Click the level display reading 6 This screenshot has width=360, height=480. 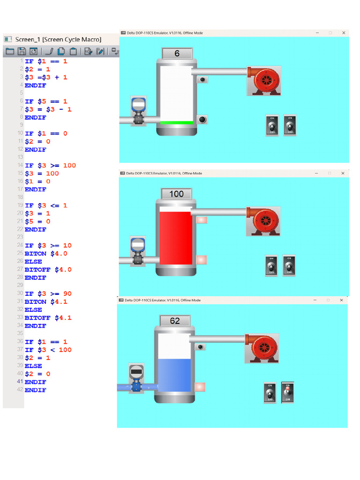coord(177,54)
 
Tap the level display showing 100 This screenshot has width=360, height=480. coord(176,194)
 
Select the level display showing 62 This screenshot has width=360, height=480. coord(175,321)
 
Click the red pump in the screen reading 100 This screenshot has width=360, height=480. coord(263,221)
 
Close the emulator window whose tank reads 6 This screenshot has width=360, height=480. coord(344,33)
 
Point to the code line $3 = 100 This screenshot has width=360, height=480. coord(42,173)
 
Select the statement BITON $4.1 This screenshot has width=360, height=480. coord(46,302)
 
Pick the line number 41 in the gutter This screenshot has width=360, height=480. coord(20,382)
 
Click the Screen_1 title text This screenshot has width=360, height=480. coord(58,39)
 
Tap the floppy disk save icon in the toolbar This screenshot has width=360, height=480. coord(22,52)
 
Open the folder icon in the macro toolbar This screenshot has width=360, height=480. coord(10,52)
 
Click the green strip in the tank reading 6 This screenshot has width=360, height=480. coord(176,123)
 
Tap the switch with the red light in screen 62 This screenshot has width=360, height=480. coord(288,392)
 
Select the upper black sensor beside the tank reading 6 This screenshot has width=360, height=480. coord(202,80)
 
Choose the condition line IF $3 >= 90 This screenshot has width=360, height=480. coord(48,294)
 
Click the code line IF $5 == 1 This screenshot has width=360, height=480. coord(46,101)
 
